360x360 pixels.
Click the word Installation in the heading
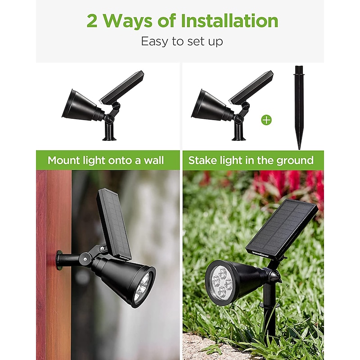click(x=229, y=21)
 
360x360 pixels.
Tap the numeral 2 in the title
click(x=92, y=21)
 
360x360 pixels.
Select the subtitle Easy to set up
click(x=182, y=41)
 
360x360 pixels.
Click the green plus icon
click(x=266, y=120)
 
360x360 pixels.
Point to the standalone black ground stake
click(x=299, y=108)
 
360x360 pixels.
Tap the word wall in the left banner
click(x=154, y=160)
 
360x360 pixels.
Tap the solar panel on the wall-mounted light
click(x=114, y=224)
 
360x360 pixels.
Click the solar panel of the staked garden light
click(x=282, y=229)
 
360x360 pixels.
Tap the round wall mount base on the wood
click(x=59, y=260)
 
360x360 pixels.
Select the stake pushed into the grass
click(x=269, y=312)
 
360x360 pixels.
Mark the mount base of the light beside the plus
click(x=239, y=133)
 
